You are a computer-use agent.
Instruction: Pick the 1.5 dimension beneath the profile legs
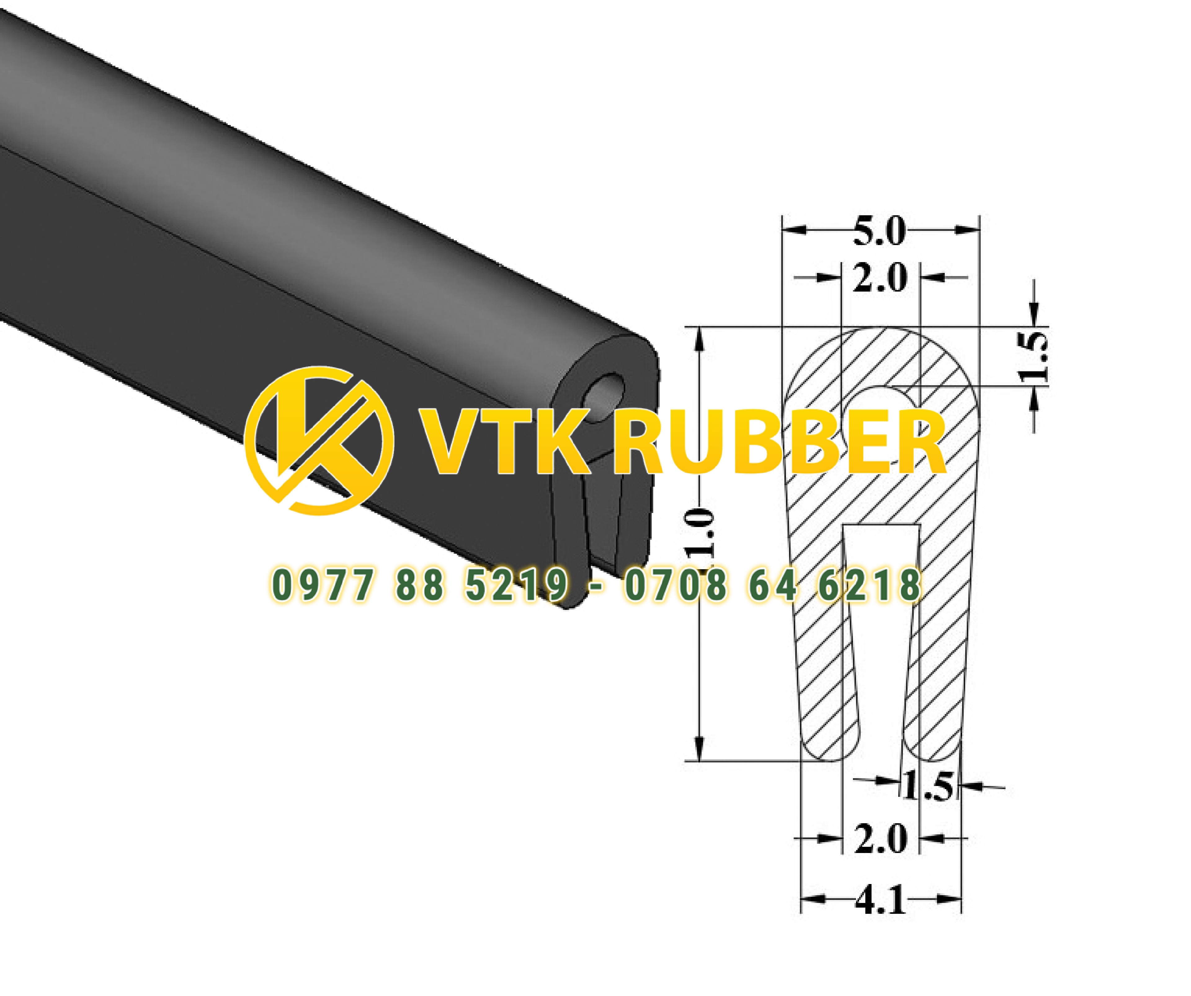pos(928,787)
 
